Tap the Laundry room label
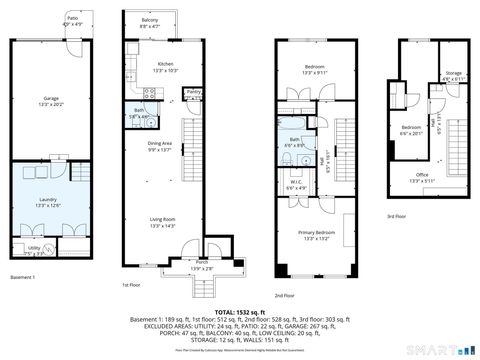(48, 201)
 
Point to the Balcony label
(149, 20)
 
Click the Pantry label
(194, 91)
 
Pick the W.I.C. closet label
(296, 186)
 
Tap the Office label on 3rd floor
(422, 177)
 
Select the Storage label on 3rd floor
(453, 73)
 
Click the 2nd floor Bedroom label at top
(316, 68)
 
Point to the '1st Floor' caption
(131, 283)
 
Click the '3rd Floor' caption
(397, 216)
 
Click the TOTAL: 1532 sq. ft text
(240, 312)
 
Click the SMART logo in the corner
(441, 349)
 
